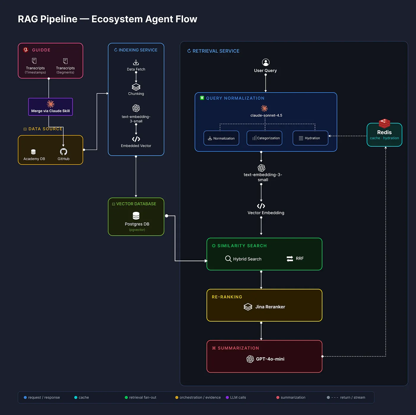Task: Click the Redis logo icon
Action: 384,123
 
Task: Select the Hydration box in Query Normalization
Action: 310,138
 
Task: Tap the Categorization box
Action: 264,138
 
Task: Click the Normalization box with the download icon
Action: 221,138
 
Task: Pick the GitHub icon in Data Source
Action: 64,151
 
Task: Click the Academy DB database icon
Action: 33,152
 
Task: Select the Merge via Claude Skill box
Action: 51,107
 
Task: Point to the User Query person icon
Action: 266,62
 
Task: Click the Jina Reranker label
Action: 270,307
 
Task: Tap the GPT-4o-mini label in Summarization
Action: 270,359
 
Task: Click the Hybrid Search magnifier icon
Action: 228,259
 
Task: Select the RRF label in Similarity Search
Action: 300,258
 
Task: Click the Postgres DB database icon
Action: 136,216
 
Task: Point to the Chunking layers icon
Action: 136,87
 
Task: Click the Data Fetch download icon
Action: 136,62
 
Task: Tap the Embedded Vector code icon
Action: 136,139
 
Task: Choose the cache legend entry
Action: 82,397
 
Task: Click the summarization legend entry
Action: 291,397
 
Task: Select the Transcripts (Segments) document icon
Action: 65,61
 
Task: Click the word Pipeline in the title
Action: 59,19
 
